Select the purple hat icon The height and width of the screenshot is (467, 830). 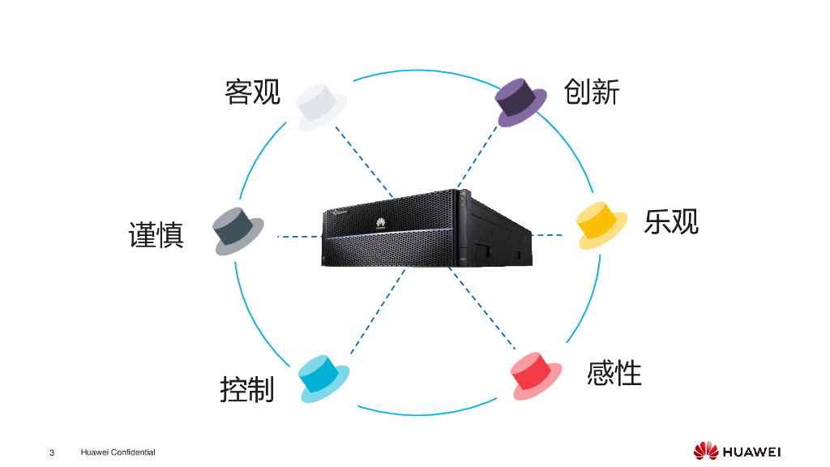click(x=521, y=102)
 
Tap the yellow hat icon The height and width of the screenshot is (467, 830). click(x=601, y=225)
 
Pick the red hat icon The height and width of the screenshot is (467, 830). click(x=537, y=375)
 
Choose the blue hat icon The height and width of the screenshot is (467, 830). click(x=323, y=377)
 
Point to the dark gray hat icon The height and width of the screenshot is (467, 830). click(x=238, y=230)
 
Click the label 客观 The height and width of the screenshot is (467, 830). click(x=252, y=92)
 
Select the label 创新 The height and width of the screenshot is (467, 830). click(x=592, y=92)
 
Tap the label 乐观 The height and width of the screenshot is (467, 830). click(x=671, y=221)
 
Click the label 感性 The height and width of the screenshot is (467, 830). click(x=614, y=374)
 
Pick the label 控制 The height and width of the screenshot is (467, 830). click(x=247, y=389)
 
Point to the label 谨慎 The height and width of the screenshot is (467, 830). click(x=156, y=235)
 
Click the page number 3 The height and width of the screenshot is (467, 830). click(x=52, y=452)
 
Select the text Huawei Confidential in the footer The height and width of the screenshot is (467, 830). click(x=118, y=452)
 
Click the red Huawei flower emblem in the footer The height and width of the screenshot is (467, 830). click(x=705, y=451)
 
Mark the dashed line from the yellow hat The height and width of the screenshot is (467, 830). click(x=547, y=235)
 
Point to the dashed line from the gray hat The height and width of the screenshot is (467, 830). click(x=298, y=237)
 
